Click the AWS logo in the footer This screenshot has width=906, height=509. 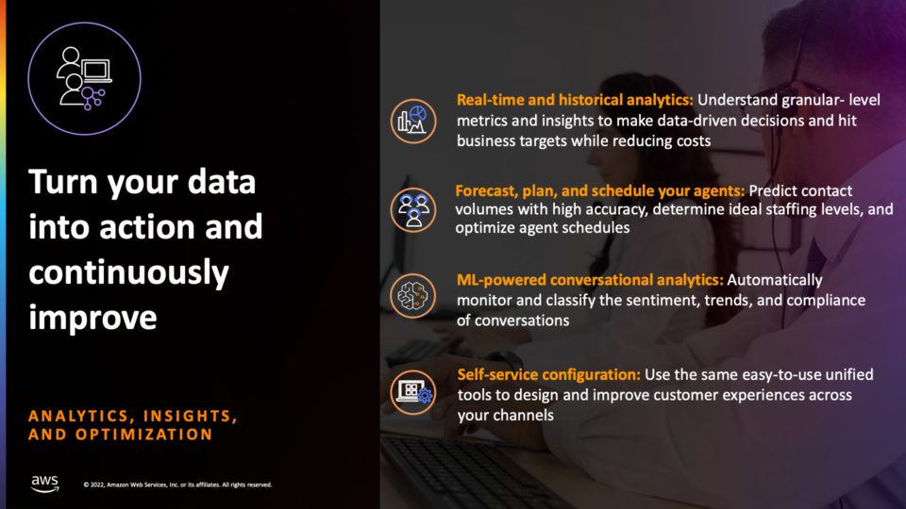tap(45, 484)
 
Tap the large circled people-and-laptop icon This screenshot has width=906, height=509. tap(84, 78)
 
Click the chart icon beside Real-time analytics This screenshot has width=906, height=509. tap(413, 122)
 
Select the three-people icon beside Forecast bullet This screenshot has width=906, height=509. tap(413, 210)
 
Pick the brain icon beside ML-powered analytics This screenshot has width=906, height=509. tap(413, 296)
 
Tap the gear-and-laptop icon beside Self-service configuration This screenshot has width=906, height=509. tap(413, 392)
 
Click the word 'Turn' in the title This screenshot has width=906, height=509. tap(63, 182)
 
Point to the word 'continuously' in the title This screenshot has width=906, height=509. tap(129, 273)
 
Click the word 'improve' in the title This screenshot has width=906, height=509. tap(92, 318)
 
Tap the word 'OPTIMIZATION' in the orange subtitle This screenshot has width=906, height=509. tap(144, 435)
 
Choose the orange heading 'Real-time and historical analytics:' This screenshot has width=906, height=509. tap(575, 101)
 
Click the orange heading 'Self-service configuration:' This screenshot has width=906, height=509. tap(549, 374)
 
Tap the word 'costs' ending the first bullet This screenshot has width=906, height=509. tap(693, 141)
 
